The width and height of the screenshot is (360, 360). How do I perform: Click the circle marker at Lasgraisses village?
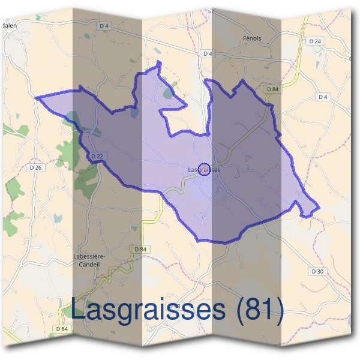point(203,170)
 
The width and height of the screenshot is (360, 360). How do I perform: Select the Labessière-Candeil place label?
point(89,259)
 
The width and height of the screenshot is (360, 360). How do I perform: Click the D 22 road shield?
point(98,156)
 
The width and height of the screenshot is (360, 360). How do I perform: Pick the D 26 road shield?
point(35,167)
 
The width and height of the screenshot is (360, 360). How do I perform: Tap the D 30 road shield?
point(317,272)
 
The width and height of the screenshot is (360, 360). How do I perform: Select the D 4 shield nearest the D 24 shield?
point(322,97)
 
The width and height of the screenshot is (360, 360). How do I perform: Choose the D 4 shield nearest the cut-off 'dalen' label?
point(104,25)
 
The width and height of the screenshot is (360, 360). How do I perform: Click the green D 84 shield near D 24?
point(272,89)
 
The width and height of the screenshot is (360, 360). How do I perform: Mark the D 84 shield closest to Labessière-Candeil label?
point(140,249)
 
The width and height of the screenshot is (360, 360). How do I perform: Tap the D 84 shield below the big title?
point(62,329)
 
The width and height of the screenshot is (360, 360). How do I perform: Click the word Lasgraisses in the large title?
point(149,310)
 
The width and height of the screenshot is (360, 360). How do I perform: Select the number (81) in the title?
point(259,310)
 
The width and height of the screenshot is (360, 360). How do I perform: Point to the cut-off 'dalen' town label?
point(8,26)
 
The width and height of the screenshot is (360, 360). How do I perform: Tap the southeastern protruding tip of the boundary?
point(318,209)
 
